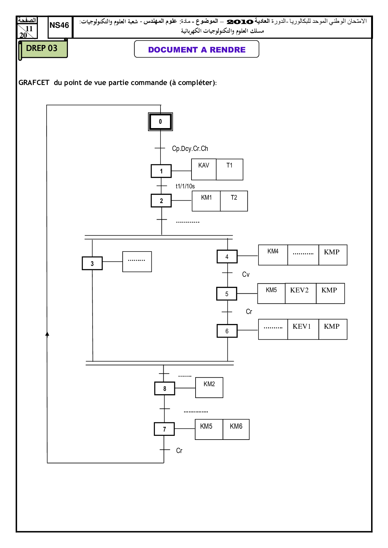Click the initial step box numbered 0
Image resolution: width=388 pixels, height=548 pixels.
160,122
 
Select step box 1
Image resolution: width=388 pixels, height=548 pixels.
161,171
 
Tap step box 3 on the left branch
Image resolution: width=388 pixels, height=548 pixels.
92,263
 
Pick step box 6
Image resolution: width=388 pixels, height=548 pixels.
227,331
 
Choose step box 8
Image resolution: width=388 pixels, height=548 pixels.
165,389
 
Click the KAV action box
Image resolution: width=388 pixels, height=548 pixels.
204,169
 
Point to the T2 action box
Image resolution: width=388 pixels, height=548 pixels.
234,201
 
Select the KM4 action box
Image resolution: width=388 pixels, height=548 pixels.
273,255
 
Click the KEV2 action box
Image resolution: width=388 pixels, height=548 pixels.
299,293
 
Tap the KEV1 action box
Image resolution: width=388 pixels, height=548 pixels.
302,329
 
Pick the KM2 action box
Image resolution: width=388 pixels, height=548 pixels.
209,387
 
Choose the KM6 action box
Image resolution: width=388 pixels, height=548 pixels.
236,429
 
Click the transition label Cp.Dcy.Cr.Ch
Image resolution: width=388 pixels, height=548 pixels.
190,149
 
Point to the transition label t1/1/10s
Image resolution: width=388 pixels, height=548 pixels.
185,186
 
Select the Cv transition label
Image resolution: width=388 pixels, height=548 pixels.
246,274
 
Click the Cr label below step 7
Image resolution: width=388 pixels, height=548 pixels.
179,451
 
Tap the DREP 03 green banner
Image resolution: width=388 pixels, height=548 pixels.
42,48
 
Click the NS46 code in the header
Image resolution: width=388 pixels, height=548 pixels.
59,25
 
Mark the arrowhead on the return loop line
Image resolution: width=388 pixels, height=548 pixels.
47,334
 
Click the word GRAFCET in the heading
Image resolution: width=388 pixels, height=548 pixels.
34,82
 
